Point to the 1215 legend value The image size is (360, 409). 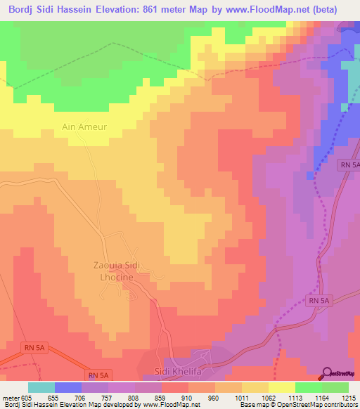click(x=349, y=397)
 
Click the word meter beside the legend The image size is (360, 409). click(x=9, y=397)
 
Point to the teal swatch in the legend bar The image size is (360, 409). click(x=41, y=387)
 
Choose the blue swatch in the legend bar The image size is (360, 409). click(x=68, y=387)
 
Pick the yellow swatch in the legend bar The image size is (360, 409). click(x=282, y=387)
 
